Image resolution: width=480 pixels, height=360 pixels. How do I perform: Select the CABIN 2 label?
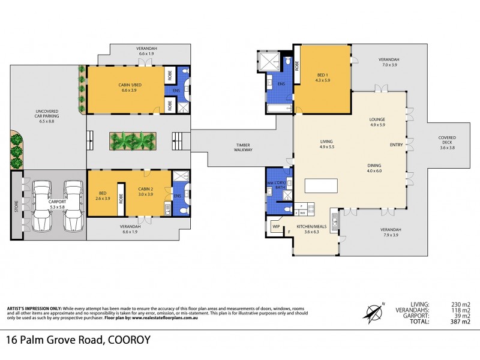pyautogui.click(x=146, y=194)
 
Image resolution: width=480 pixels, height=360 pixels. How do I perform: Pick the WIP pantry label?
pyautogui.click(x=277, y=227)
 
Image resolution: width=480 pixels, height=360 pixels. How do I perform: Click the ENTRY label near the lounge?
pyautogui.click(x=396, y=145)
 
